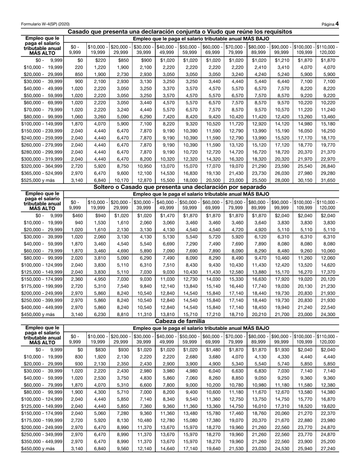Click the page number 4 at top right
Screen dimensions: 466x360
(337, 24)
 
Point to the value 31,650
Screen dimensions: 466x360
(327, 181)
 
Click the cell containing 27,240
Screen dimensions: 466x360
(327, 448)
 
